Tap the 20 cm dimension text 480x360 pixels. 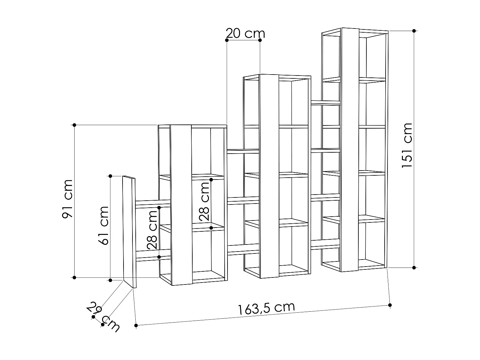(x=245, y=33)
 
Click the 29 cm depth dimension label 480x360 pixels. (x=103, y=317)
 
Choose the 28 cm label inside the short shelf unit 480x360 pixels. (x=204, y=201)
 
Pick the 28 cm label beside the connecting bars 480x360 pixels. (x=152, y=230)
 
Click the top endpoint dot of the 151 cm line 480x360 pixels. (x=414, y=31)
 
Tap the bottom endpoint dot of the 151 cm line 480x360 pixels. (x=414, y=268)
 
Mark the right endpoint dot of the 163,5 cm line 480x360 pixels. (x=390, y=305)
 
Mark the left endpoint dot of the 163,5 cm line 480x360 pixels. (x=136, y=325)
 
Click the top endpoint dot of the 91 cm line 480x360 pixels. (x=74, y=125)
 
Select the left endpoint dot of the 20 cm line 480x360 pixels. (x=227, y=40)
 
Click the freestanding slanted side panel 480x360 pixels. (x=129, y=232)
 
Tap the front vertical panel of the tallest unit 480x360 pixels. (x=350, y=150)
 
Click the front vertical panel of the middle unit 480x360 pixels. (x=269, y=176)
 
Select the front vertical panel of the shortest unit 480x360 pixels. (x=181, y=205)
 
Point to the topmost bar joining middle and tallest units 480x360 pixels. (x=325, y=103)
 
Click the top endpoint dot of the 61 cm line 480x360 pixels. (x=110, y=176)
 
